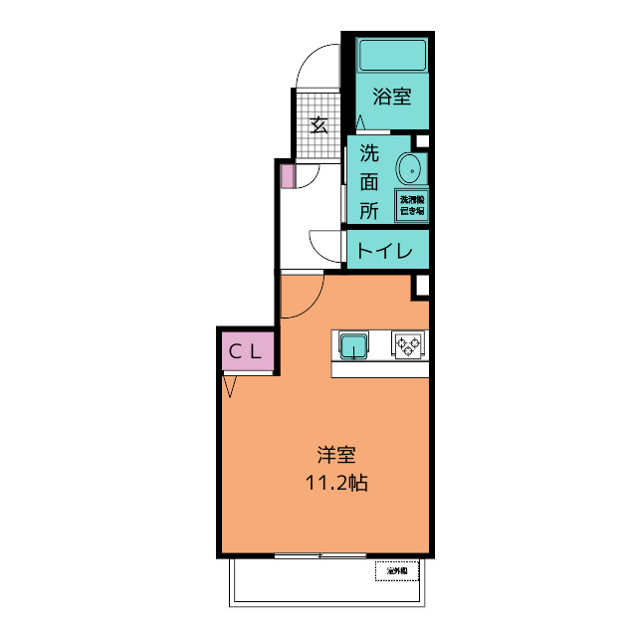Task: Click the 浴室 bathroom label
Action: pyautogui.click(x=392, y=98)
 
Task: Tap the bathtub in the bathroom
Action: pyautogui.click(x=391, y=54)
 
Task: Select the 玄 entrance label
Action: pyautogui.click(x=319, y=124)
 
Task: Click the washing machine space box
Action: pyautogui.click(x=412, y=204)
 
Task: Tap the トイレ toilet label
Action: pyautogui.click(x=384, y=252)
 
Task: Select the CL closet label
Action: pyautogui.click(x=246, y=350)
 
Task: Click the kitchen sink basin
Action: pyautogui.click(x=352, y=345)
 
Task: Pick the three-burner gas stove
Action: pyautogui.click(x=408, y=344)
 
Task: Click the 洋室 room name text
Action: pyautogui.click(x=336, y=456)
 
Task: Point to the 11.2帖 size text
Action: pyautogui.click(x=337, y=485)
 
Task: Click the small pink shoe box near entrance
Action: pyautogui.click(x=287, y=177)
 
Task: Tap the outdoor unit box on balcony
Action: pyautogui.click(x=398, y=570)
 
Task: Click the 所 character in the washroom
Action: pyautogui.click(x=369, y=210)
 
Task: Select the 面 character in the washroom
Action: pyautogui.click(x=369, y=182)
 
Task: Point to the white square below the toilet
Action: pyautogui.click(x=421, y=287)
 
